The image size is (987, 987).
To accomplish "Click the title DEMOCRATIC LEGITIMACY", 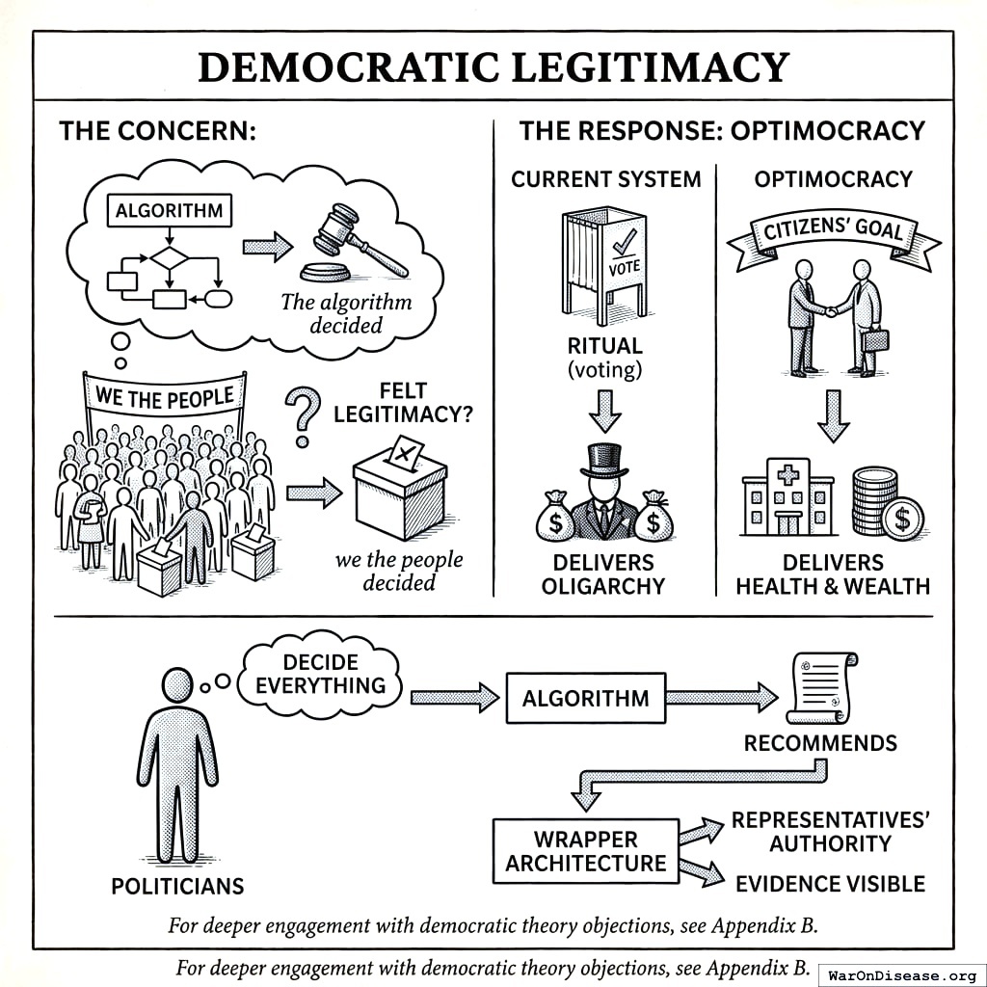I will click(493, 67).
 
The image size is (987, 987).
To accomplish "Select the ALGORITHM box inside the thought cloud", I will click(169, 210).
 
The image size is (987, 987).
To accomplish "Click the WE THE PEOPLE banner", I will click(165, 396).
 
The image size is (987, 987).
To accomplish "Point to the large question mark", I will click(305, 414).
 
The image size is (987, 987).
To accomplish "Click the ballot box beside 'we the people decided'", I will click(400, 492).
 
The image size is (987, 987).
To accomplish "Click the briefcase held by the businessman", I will click(876, 340).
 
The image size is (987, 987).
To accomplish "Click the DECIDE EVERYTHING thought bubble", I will click(321, 674).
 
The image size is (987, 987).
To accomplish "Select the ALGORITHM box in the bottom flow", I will click(585, 698).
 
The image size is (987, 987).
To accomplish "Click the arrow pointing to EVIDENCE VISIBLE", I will click(702, 869).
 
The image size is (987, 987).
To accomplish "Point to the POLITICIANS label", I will click(177, 886).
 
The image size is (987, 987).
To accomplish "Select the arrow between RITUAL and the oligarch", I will click(604, 410).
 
